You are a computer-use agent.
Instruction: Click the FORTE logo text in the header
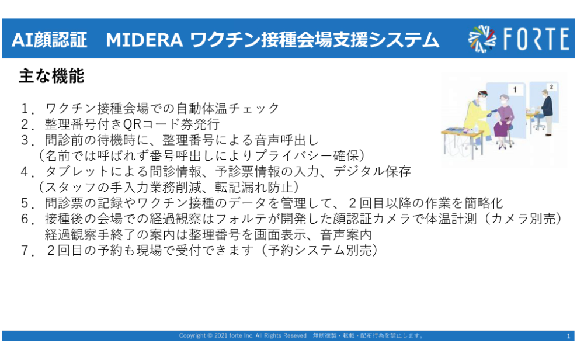(x=536, y=39)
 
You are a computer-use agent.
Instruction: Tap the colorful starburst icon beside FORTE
(x=482, y=39)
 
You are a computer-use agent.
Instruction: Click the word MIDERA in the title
(x=144, y=40)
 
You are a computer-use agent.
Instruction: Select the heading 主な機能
(x=51, y=76)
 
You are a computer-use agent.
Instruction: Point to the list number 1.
(x=25, y=109)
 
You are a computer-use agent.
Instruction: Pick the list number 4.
(x=25, y=172)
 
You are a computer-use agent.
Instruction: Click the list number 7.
(x=25, y=251)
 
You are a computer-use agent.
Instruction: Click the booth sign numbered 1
(x=515, y=89)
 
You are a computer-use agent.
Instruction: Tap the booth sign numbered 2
(x=551, y=87)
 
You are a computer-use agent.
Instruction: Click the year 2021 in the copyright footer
(x=221, y=335)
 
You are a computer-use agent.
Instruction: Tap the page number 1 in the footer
(x=569, y=336)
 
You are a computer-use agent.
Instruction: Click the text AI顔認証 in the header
(x=49, y=40)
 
